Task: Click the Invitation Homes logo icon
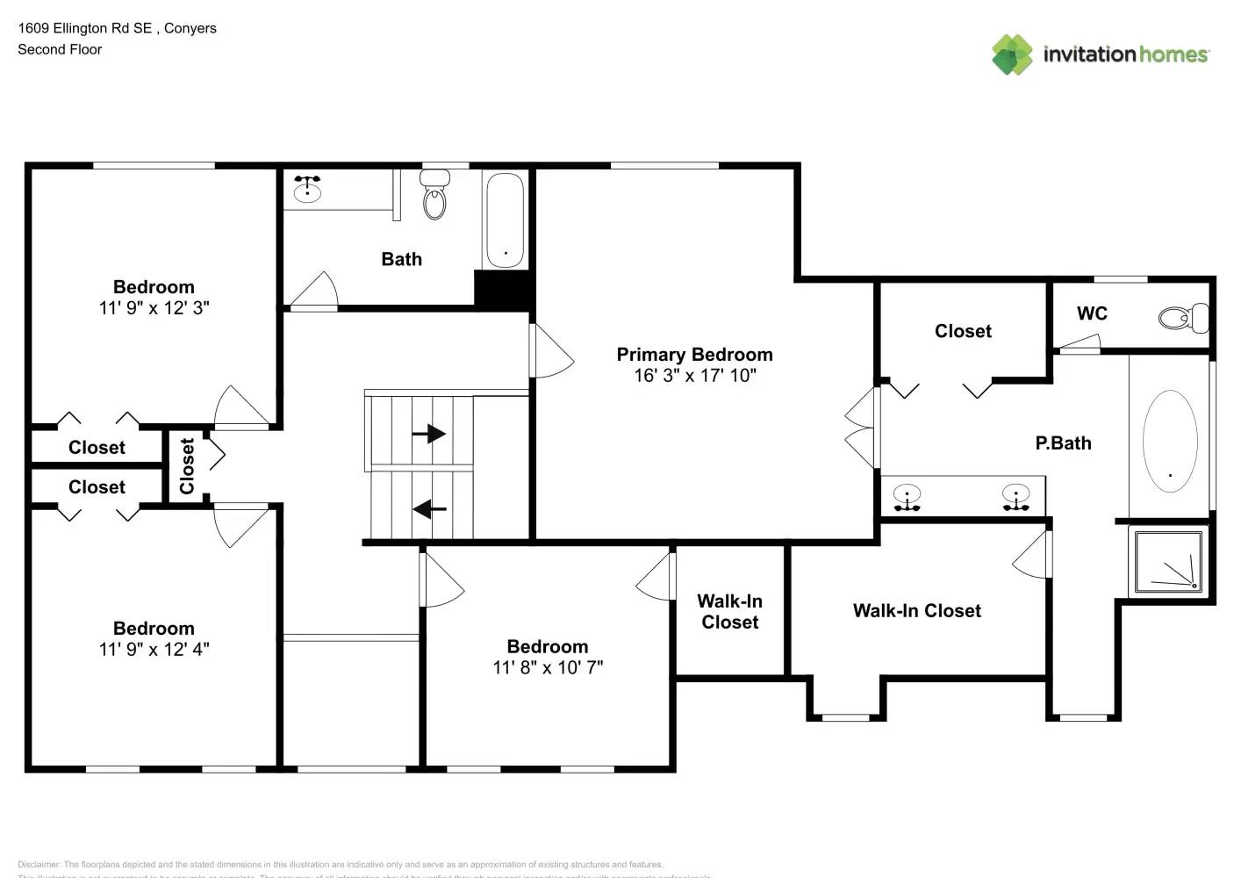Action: tap(1012, 54)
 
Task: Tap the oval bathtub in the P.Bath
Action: tap(1170, 441)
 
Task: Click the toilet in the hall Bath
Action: tap(434, 196)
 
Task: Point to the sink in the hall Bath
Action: tap(306, 190)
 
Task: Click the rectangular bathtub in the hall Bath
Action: tap(505, 219)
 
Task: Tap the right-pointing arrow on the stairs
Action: tap(428, 434)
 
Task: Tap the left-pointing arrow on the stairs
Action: tap(429, 508)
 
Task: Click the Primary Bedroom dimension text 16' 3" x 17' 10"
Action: tap(694, 376)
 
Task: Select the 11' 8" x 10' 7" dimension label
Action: tap(547, 667)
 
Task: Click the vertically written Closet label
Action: tap(187, 466)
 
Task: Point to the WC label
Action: tap(1092, 313)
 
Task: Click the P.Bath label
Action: tap(1063, 443)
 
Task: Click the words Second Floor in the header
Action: tap(60, 49)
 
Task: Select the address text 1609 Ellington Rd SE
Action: tap(85, 28)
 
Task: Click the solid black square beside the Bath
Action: tap(502, 289)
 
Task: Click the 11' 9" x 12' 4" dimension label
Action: tap(154, 650)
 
